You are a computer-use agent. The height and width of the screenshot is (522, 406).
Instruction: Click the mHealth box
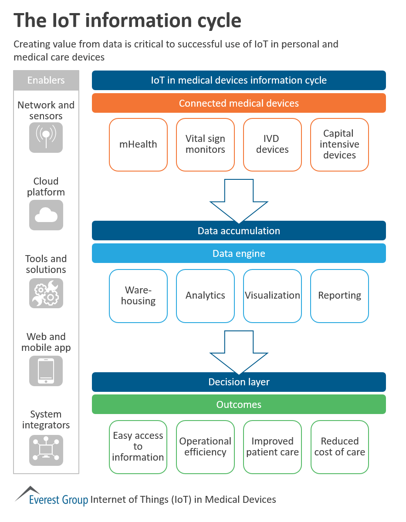click(138, 145)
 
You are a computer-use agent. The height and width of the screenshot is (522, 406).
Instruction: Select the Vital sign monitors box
click(205, 145)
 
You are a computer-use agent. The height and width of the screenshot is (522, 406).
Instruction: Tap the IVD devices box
click(272, 145)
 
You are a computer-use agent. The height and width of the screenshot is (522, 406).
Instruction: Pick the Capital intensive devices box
click(339, 145)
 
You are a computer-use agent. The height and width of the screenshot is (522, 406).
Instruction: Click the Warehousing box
click(138, 296)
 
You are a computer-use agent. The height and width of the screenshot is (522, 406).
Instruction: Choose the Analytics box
click(205, 296)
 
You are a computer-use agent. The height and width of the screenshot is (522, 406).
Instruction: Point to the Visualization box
click(272, 296)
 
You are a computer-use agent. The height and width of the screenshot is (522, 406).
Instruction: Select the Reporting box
click(339, 296)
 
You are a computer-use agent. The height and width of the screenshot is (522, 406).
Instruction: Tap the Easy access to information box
click(138, 447)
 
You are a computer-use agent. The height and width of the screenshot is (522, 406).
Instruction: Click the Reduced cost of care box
click(339, 447)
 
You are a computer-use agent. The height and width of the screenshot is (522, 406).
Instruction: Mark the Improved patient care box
click(272, 447)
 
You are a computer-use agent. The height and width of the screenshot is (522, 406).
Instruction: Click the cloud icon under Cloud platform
click(46, 215)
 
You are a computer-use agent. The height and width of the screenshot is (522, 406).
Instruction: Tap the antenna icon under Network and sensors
click(46, 138)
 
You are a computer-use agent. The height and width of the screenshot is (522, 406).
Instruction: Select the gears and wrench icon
click(46, 293)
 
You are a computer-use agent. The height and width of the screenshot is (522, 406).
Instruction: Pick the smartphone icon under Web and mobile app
click(46, 370)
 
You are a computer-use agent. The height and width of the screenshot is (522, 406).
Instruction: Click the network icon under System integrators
click(46, 450)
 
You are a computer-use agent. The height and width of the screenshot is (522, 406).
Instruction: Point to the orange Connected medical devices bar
click(239, 103)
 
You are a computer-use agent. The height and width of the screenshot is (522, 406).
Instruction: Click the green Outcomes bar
click(239, 404)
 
